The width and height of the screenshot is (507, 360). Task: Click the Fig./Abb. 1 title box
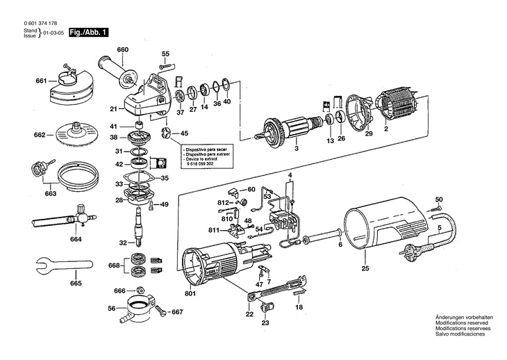click(89, 33)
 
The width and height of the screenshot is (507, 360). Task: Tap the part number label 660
click(122, 50)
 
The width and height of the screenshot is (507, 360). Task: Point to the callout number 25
click(365, 268)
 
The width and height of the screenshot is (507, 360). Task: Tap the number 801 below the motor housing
click(190, 294)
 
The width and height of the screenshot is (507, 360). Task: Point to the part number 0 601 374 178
click(41, 23)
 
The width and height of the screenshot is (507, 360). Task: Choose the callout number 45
click(184, 133)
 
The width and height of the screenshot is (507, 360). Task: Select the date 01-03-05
click(52, 33)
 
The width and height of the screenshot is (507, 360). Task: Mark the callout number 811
click(214, 230)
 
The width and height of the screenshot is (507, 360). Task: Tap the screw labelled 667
click(161, 311)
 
